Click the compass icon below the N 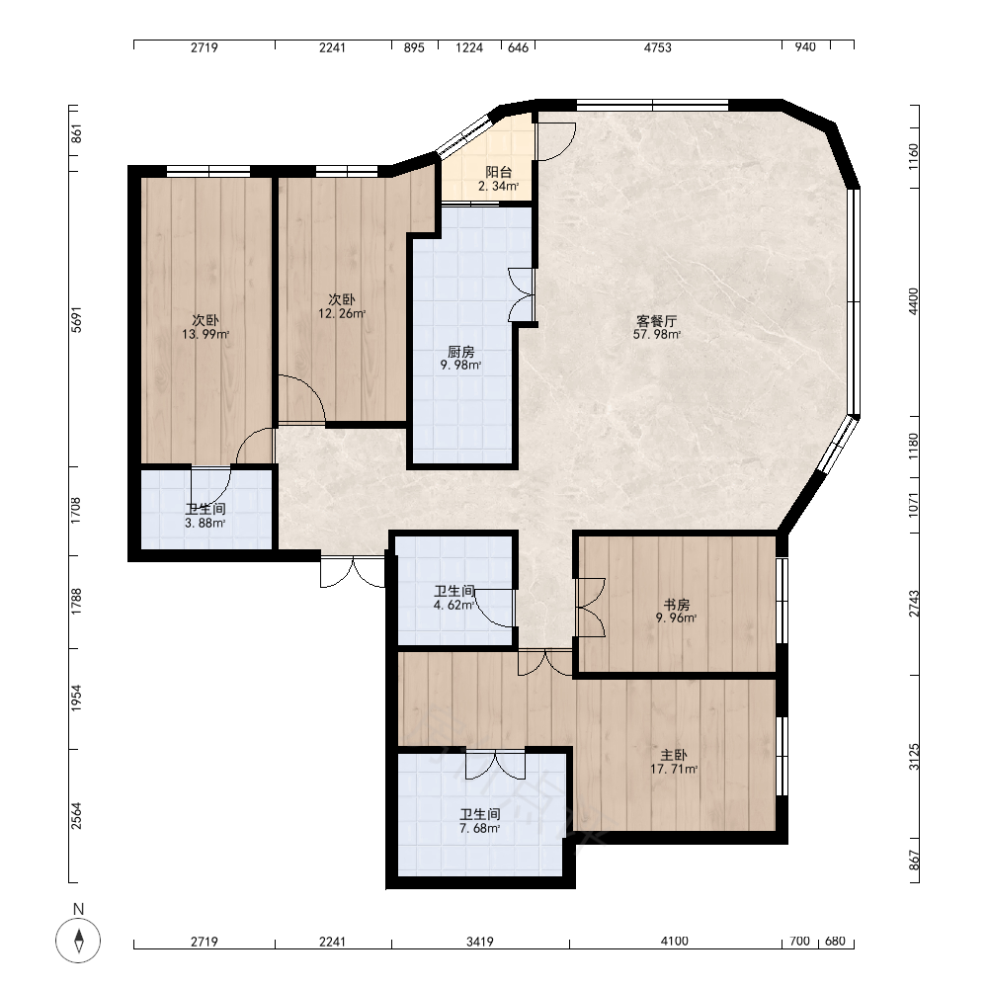point(78,941)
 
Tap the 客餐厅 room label point(657,320)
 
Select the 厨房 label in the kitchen point(461,352)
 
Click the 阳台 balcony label point(498,172)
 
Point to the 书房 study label point(677,605)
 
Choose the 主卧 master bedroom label point(674,755)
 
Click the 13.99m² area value point(206,335)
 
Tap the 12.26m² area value point(342,313)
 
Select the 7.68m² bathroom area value point(479,829)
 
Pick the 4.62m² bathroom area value point(453,605)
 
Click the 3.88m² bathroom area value point(205,523)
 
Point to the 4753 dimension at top point(657,47)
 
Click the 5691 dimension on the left point(76,319)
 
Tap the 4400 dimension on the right point(914,301)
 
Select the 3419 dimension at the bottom point(479,942)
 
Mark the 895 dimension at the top point(414,47)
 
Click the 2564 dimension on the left point(76,815)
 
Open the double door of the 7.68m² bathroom point(495,765)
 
